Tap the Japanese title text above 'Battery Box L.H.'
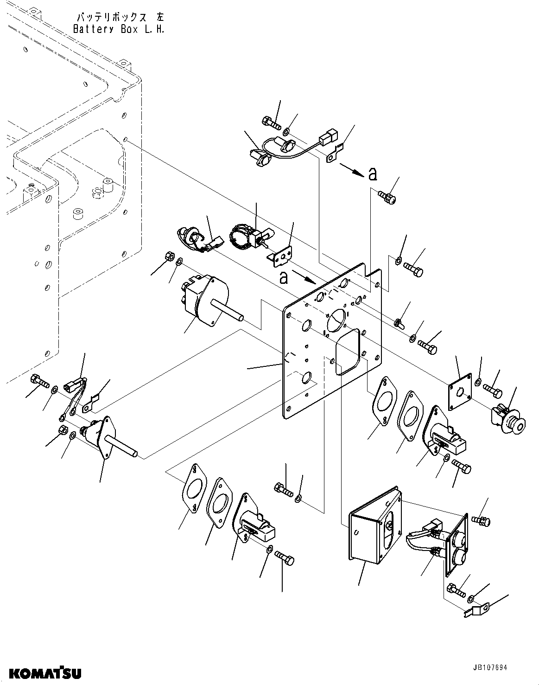119,18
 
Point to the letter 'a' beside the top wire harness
372,174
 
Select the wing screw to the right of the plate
399,322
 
